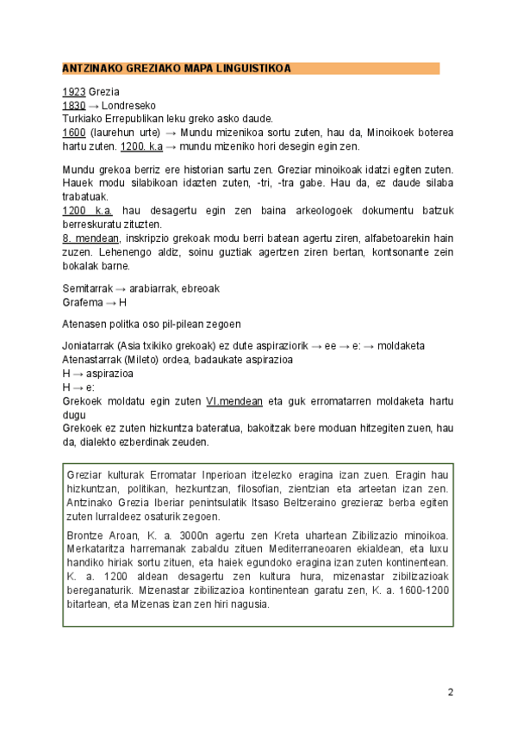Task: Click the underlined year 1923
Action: [74, 92]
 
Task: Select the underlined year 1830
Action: [74, 105]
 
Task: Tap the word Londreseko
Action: [128, 105]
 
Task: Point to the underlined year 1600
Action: [74, 133]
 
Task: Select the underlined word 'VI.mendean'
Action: [232, 401]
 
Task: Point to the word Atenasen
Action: [84, 325]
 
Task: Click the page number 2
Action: [450, 692]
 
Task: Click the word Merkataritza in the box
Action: [97, 548]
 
